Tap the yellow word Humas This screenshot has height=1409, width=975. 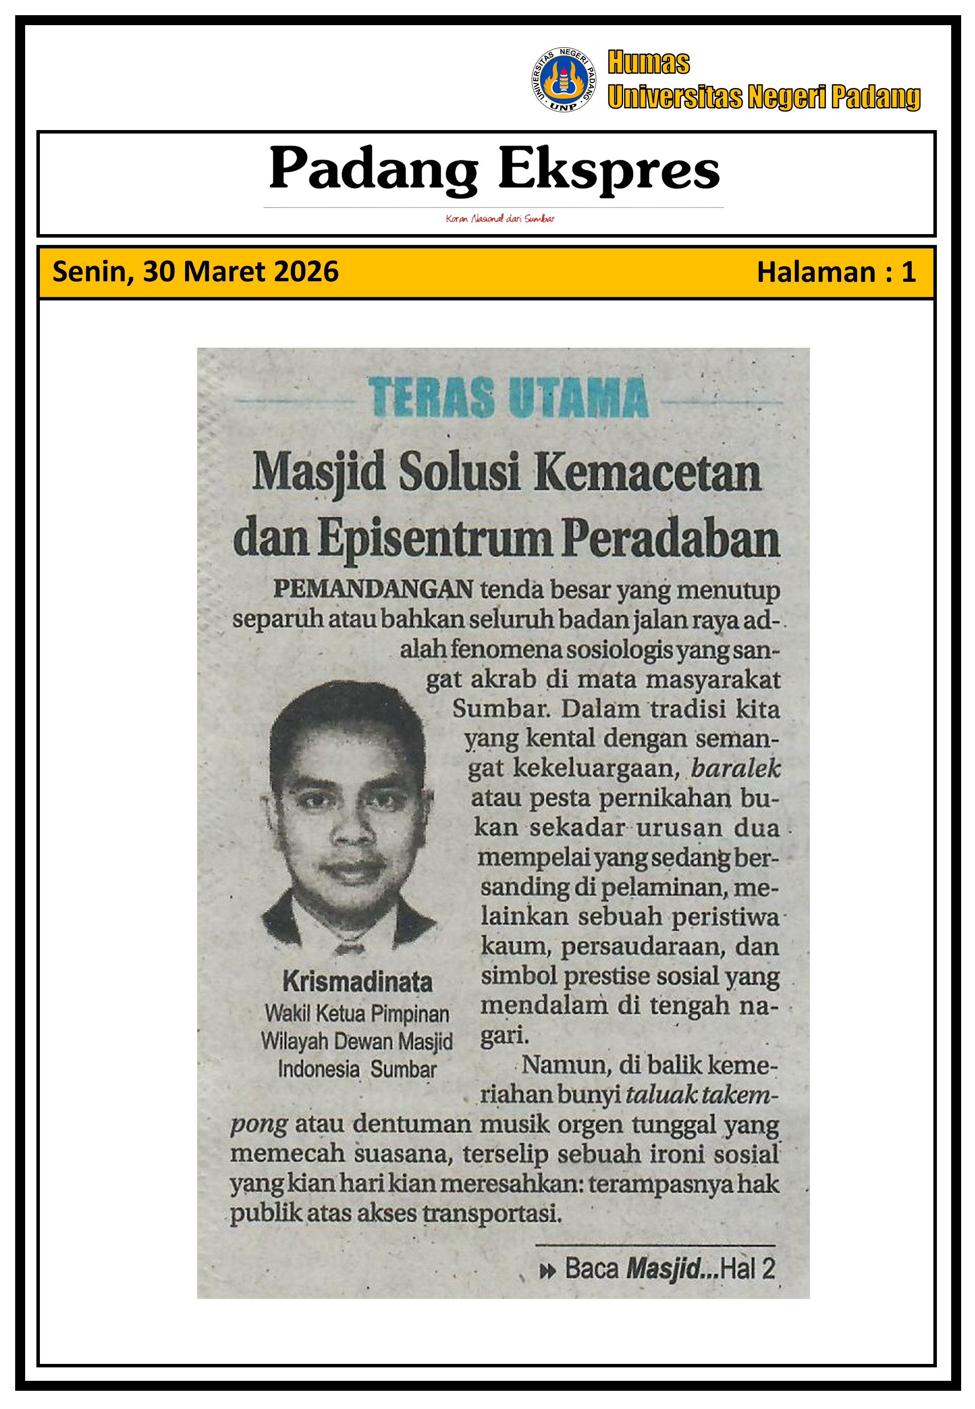click(648, 63)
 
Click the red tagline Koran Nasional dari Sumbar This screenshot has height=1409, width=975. click(500, 219)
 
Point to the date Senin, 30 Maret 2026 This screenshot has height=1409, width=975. click(195, 272)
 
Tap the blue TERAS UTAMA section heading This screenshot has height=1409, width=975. click(508, 398)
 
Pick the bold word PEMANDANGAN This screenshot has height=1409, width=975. click(373, 589)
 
